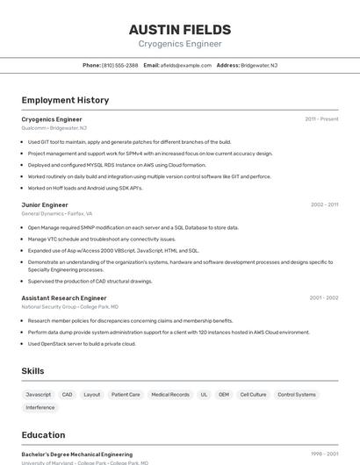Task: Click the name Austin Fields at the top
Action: pos(180,29)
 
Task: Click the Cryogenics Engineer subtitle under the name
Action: pos(180,44)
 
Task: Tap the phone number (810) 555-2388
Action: pos(119,65)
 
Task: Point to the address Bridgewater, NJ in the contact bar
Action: pos(259,65)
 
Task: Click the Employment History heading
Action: pos(65,101)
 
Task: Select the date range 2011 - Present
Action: pos(321,119)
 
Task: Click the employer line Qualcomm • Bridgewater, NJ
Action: pos(59,128)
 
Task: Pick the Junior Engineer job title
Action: pos(45,204)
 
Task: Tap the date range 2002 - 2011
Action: pos(324,204)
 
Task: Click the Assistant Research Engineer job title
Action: pos(64,298)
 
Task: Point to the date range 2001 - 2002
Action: pos(324,298)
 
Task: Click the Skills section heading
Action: pos(32,371)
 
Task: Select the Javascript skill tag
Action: pos(39,395)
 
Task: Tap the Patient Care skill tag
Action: pos(126,395)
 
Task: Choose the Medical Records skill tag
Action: pos(170,395)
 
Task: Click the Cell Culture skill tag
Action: pos(253,395)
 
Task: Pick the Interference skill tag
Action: pos(40,407)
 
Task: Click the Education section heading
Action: pos(43,435)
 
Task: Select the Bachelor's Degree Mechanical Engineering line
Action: pos(77,454)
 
